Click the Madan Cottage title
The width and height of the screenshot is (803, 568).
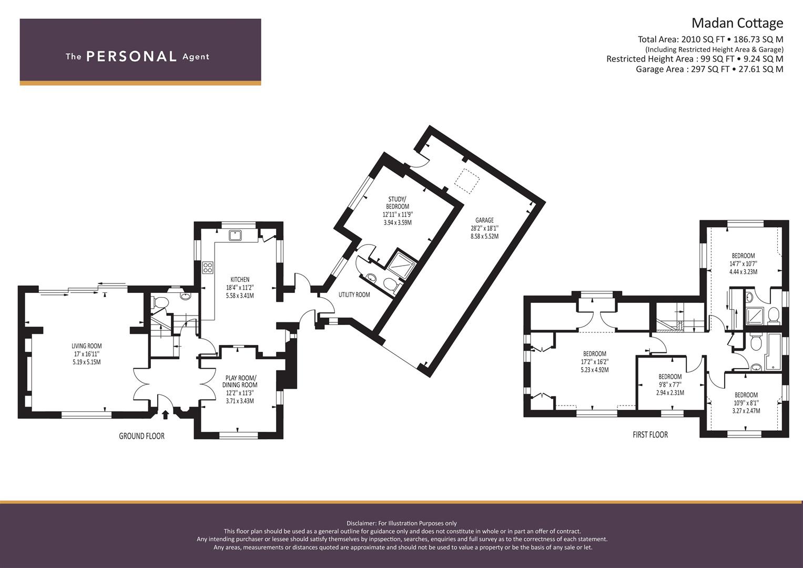737,24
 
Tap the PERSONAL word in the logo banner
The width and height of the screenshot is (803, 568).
131,57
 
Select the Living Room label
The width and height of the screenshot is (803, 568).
86,346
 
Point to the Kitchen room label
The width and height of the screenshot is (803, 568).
240,279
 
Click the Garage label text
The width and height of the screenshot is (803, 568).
484,220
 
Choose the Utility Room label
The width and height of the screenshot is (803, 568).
354,295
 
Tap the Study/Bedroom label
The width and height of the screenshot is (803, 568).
397,202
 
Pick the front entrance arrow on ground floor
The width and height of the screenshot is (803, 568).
165,414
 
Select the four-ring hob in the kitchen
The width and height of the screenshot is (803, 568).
208,268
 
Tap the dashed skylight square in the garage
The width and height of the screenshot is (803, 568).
467,182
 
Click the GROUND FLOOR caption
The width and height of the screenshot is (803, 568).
141,436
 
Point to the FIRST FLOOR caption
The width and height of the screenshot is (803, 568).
650,435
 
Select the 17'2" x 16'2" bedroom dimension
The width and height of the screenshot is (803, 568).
595,362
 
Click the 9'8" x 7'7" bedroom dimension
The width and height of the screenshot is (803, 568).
670,385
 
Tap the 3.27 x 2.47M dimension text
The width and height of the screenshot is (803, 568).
746,411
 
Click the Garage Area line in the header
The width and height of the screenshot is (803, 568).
710,69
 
